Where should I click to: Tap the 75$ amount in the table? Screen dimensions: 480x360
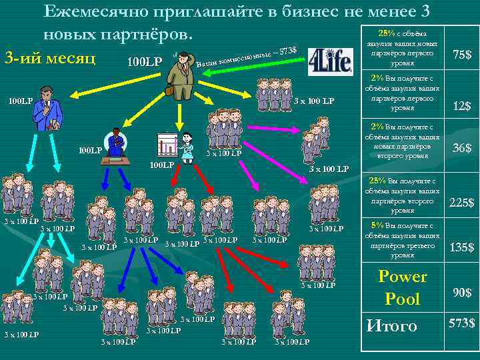coord(461,54)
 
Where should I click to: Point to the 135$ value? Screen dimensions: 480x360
coord(461,247)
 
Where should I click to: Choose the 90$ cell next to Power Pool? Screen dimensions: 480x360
coord(461,293)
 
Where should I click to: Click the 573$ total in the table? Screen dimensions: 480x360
coord(461,323)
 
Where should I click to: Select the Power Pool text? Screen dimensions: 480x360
coord(402,287)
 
